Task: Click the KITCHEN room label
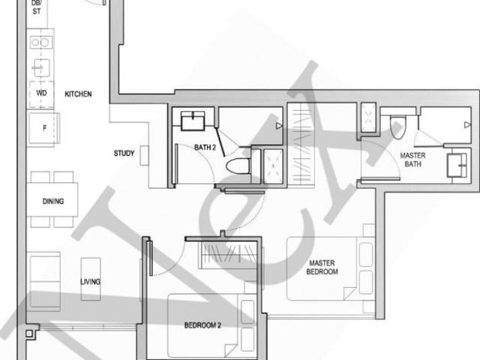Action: tap(78, 94)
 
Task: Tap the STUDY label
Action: tap(124, 154)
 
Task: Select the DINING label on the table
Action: tap(53, 201)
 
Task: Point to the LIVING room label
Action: tap(91, 282)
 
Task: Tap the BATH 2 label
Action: tap(205, 148)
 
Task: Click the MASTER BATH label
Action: tap(412, 159)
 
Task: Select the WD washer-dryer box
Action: tap(40, 94)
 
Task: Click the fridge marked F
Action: tap(44, 129)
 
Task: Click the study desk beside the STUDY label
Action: tap(144, 154)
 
